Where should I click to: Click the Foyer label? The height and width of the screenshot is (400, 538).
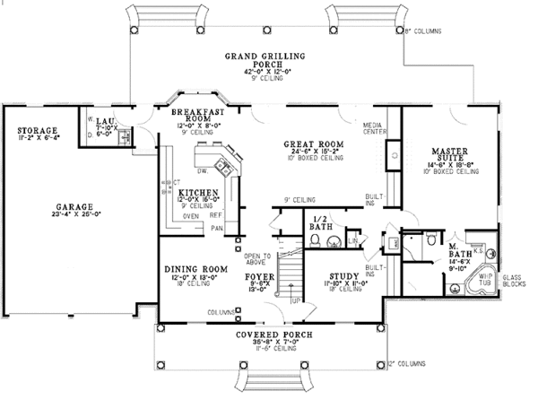[258, 278]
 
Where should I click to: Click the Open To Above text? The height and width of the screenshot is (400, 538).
[256, 259]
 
